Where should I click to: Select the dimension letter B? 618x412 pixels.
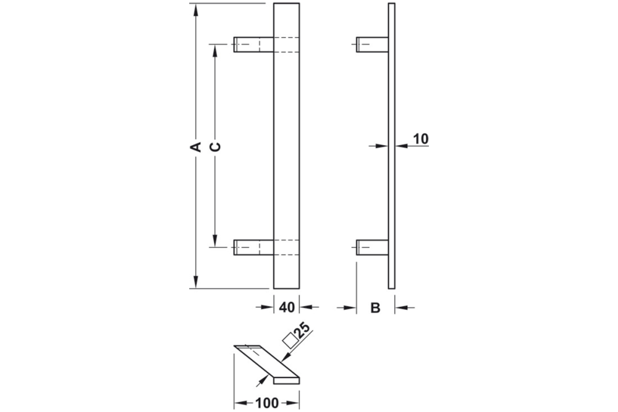click(375, 307)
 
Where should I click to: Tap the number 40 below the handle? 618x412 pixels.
click(287, 307)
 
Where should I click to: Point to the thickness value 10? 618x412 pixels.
click(420, 138)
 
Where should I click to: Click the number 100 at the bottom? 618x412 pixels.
click(266, 403)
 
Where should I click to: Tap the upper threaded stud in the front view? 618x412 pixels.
click(253, 44)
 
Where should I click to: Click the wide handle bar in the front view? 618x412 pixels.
click(286, 146)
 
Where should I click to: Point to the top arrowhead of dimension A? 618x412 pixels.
click(195, 10)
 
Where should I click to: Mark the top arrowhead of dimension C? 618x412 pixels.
click(215, 50)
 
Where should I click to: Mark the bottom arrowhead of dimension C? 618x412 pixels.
click(215, 242)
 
